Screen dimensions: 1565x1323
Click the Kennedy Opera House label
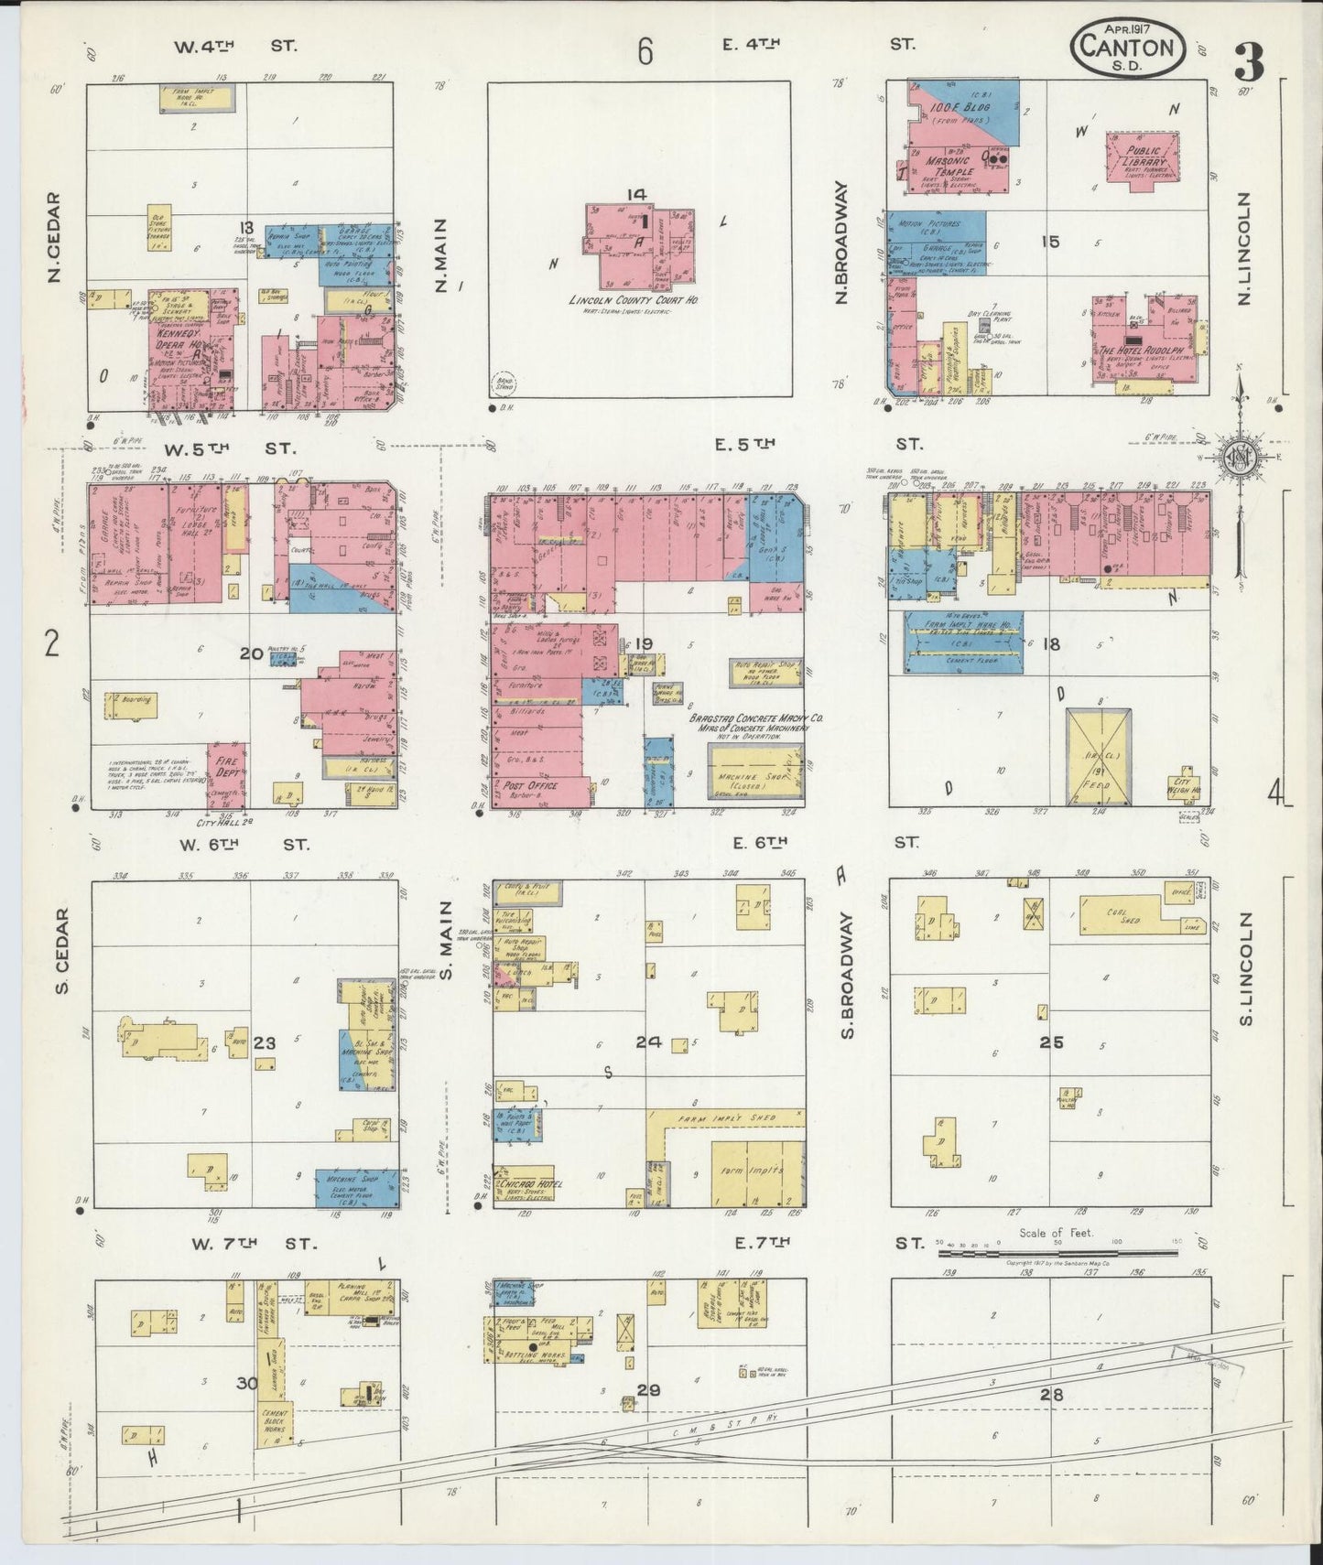(177, 340)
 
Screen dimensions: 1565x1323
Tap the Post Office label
(527, 785)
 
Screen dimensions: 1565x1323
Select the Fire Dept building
(225, 767)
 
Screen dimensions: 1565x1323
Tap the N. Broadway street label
(841, 243)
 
